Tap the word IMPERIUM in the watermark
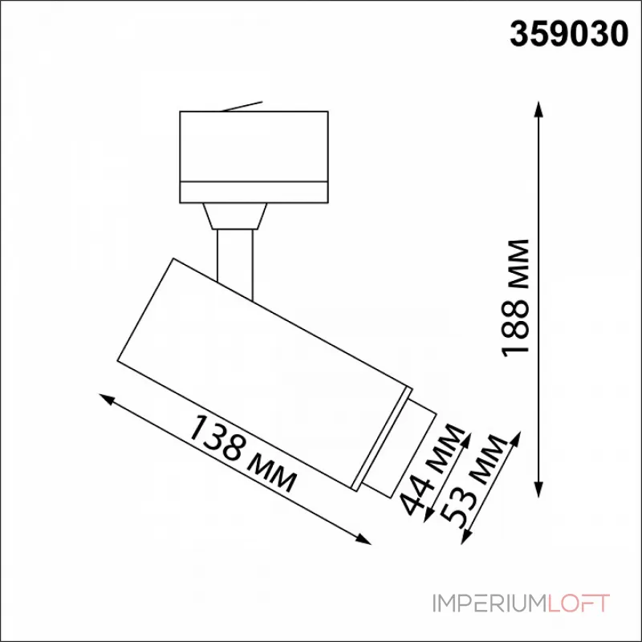(x=498, y=603)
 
